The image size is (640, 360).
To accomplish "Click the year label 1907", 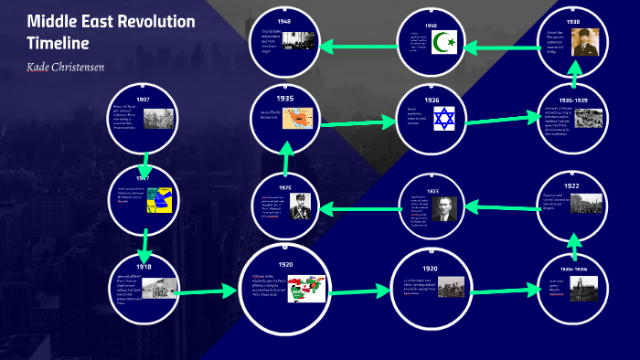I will (143, 99).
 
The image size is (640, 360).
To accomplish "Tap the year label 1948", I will (284, 20).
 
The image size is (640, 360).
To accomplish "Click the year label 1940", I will (431, 26).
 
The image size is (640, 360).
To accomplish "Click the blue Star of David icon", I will (444, 118).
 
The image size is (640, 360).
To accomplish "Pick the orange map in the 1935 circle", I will (302, 118).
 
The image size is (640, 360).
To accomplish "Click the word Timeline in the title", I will (58, 43).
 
